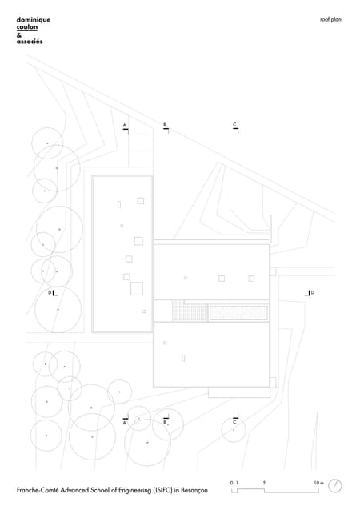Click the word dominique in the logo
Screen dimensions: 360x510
pyautogui.click(x=34, y=20)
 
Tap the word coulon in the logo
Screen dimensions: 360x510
pyautogui.click(x=27, y=27)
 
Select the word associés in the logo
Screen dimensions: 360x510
pyautogui.click(x=30, y=42)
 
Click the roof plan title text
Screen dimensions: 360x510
pyautogui.click(x=330, y=19)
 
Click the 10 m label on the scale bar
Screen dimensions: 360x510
pyautogui.click(x=318, y=483)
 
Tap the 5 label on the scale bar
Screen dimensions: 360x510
pyautogui.click(x=264, y=483)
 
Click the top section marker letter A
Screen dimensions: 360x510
pyautogui.click(x=125, y=125)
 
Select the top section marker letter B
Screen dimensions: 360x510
pyautogui.click(x=165, y=125)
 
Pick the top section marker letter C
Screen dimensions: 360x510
pyautogui.click(x=234, y=125)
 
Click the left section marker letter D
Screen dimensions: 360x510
pyautogui.click(x=50, y=292)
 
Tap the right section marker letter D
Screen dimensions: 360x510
pyautogui.click(x=313, y=293)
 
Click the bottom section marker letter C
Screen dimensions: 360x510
pyautogui.click(x=234, y=422)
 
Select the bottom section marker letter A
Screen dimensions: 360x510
pyautogui.click(x=125, y=423)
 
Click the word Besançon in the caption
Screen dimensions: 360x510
pyautogui.click(x=194, y=490)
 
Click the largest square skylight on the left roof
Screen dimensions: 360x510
pyautogui.click(x=137, y=289)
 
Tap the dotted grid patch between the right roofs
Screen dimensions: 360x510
pyautogui.click(x=190, y=311)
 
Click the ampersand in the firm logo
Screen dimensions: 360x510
pyautogui.click(x=19, y=34)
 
